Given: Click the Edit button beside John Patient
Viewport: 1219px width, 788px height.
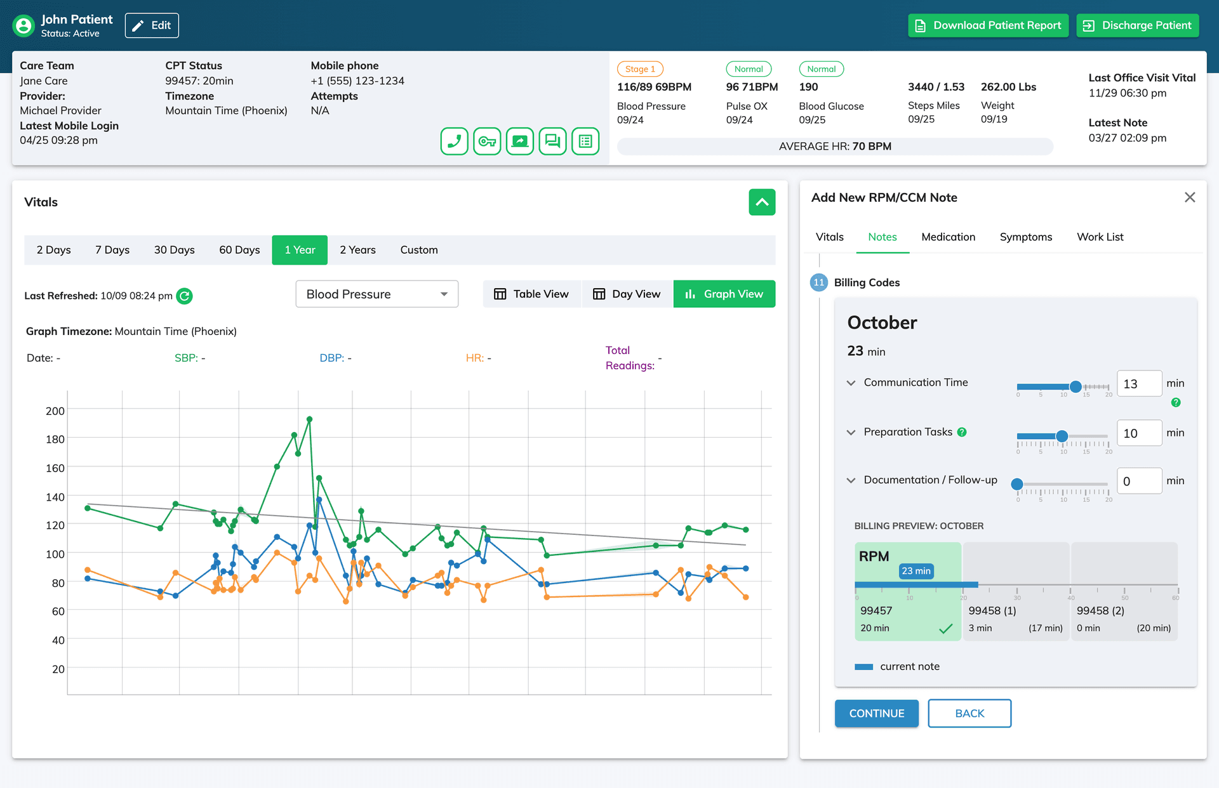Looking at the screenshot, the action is [152, 25].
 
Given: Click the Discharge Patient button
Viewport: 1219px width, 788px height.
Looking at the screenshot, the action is [1137, 25].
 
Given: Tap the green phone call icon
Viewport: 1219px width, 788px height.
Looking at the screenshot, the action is [455, 141].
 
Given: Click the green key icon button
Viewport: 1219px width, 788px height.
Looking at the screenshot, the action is [487, 141].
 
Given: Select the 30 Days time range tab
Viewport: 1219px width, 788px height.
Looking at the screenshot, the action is [175, 250].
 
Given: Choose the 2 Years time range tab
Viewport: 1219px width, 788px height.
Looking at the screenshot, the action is [357, 250].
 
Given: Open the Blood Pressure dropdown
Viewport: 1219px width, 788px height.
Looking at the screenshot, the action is [377, 294].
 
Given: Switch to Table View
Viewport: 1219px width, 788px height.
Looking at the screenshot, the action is [531, 294].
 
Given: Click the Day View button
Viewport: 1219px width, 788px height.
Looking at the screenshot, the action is [627, 294].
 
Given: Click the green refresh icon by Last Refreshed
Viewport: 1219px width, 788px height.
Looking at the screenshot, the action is [184, 296].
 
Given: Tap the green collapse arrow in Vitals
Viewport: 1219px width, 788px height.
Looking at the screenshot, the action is [762, 202].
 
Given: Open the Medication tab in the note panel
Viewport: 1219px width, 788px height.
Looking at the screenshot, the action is [949, 237].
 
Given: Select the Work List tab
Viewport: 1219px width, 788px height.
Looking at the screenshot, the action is [1100, 237].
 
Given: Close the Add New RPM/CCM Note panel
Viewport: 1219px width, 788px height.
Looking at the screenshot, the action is [1190, 197].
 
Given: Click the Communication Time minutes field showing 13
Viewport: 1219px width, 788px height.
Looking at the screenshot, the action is [1139, 384].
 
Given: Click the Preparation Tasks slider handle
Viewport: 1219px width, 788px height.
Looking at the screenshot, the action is [1062, 436].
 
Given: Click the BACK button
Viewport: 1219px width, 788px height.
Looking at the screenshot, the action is [969, 713].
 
